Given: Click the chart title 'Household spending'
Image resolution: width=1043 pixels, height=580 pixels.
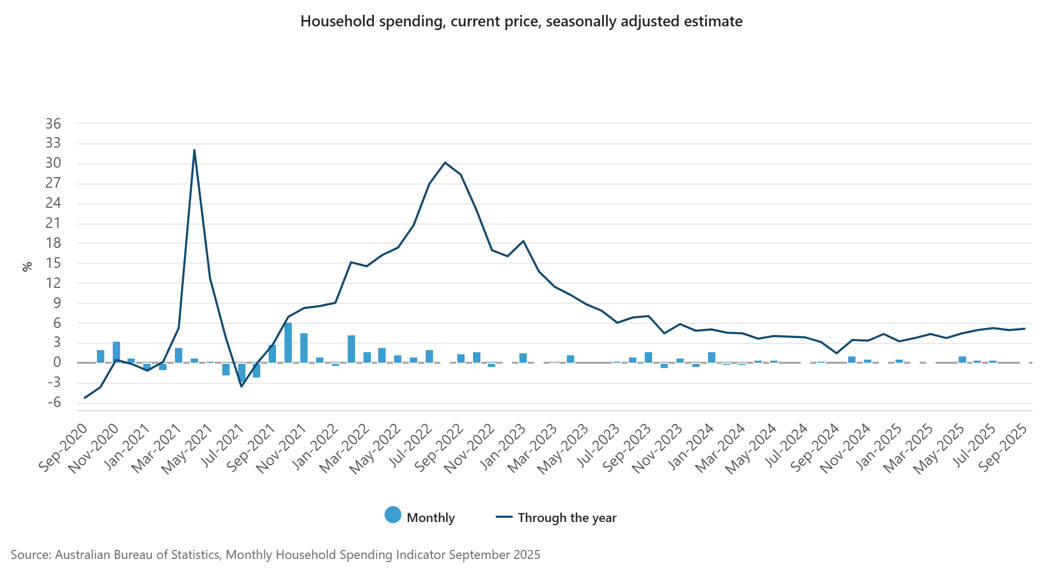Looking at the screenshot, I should tap(521, 22).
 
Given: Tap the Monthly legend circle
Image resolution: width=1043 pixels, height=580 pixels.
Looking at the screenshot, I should tap(393, 515).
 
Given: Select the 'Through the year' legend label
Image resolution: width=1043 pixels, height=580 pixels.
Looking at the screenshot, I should tap(567, 518).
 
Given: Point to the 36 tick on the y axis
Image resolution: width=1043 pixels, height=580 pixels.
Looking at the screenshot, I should tap(53, 124).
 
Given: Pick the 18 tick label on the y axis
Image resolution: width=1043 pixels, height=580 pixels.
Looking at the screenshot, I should tap(53, 243).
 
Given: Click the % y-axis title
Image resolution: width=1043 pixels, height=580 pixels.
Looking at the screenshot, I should tap(27, 266).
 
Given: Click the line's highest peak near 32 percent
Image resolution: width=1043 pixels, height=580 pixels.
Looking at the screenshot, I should tap(194, 150).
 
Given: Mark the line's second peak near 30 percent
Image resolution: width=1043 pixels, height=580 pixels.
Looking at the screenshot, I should tap(445, 162).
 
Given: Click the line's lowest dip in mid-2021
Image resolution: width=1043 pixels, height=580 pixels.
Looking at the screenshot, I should tap(241, 386).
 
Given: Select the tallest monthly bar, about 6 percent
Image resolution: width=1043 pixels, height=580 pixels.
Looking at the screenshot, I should tap(288, 343).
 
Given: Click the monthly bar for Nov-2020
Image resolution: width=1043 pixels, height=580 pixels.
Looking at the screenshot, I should tap(116, 352).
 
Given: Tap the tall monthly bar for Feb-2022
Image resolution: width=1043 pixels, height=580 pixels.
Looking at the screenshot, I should tap(351, 349).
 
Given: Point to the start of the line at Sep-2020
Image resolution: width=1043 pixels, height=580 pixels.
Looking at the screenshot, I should tap(85, 398).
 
